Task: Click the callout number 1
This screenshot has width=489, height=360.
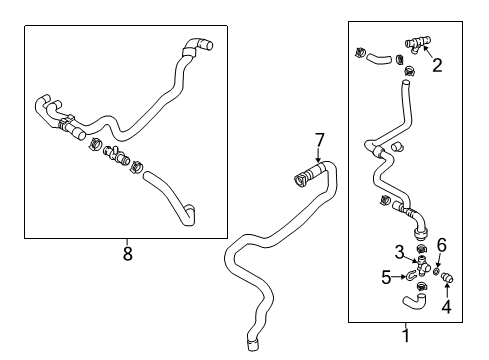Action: (406, 335)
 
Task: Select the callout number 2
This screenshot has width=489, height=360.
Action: (437, 65)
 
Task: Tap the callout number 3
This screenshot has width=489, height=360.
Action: (399, 252)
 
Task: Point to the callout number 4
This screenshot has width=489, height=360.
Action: (446, 306)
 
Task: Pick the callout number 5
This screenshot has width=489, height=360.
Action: (386, 277)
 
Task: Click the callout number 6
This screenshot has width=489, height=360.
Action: (442, 245)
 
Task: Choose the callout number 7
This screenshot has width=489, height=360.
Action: (319, 140)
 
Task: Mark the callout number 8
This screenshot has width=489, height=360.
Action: (128, 254)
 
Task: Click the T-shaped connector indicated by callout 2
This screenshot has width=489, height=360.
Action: (418, 43)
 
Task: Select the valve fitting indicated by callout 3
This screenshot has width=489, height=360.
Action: (422, 266)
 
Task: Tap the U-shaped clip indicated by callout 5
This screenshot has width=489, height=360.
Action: (411, 275)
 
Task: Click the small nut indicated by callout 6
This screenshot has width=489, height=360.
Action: (436, 272)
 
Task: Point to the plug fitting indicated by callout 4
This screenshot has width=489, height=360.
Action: (447, 278)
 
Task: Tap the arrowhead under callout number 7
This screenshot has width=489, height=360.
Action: (319, 160)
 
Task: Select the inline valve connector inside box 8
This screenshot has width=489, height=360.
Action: (116, 155)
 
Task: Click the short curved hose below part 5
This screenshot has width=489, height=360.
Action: (414, 299)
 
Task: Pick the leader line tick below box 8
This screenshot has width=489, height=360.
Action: (127, 242)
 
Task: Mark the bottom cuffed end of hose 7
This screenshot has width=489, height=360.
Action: (252, 344)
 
